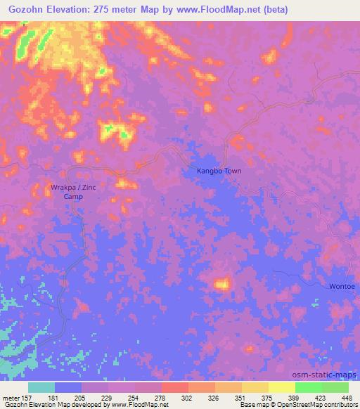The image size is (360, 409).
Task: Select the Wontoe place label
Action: click(342, 287)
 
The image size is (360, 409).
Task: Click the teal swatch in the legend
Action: click(41, 387)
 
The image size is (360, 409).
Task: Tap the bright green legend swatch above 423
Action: click(308, 387)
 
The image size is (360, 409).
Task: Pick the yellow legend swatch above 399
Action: click(281, 387)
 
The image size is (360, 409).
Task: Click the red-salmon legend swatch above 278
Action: click(174, 387)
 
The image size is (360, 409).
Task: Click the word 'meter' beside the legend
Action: click(12, 397)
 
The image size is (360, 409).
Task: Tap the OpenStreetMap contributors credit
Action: click(317, 405)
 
